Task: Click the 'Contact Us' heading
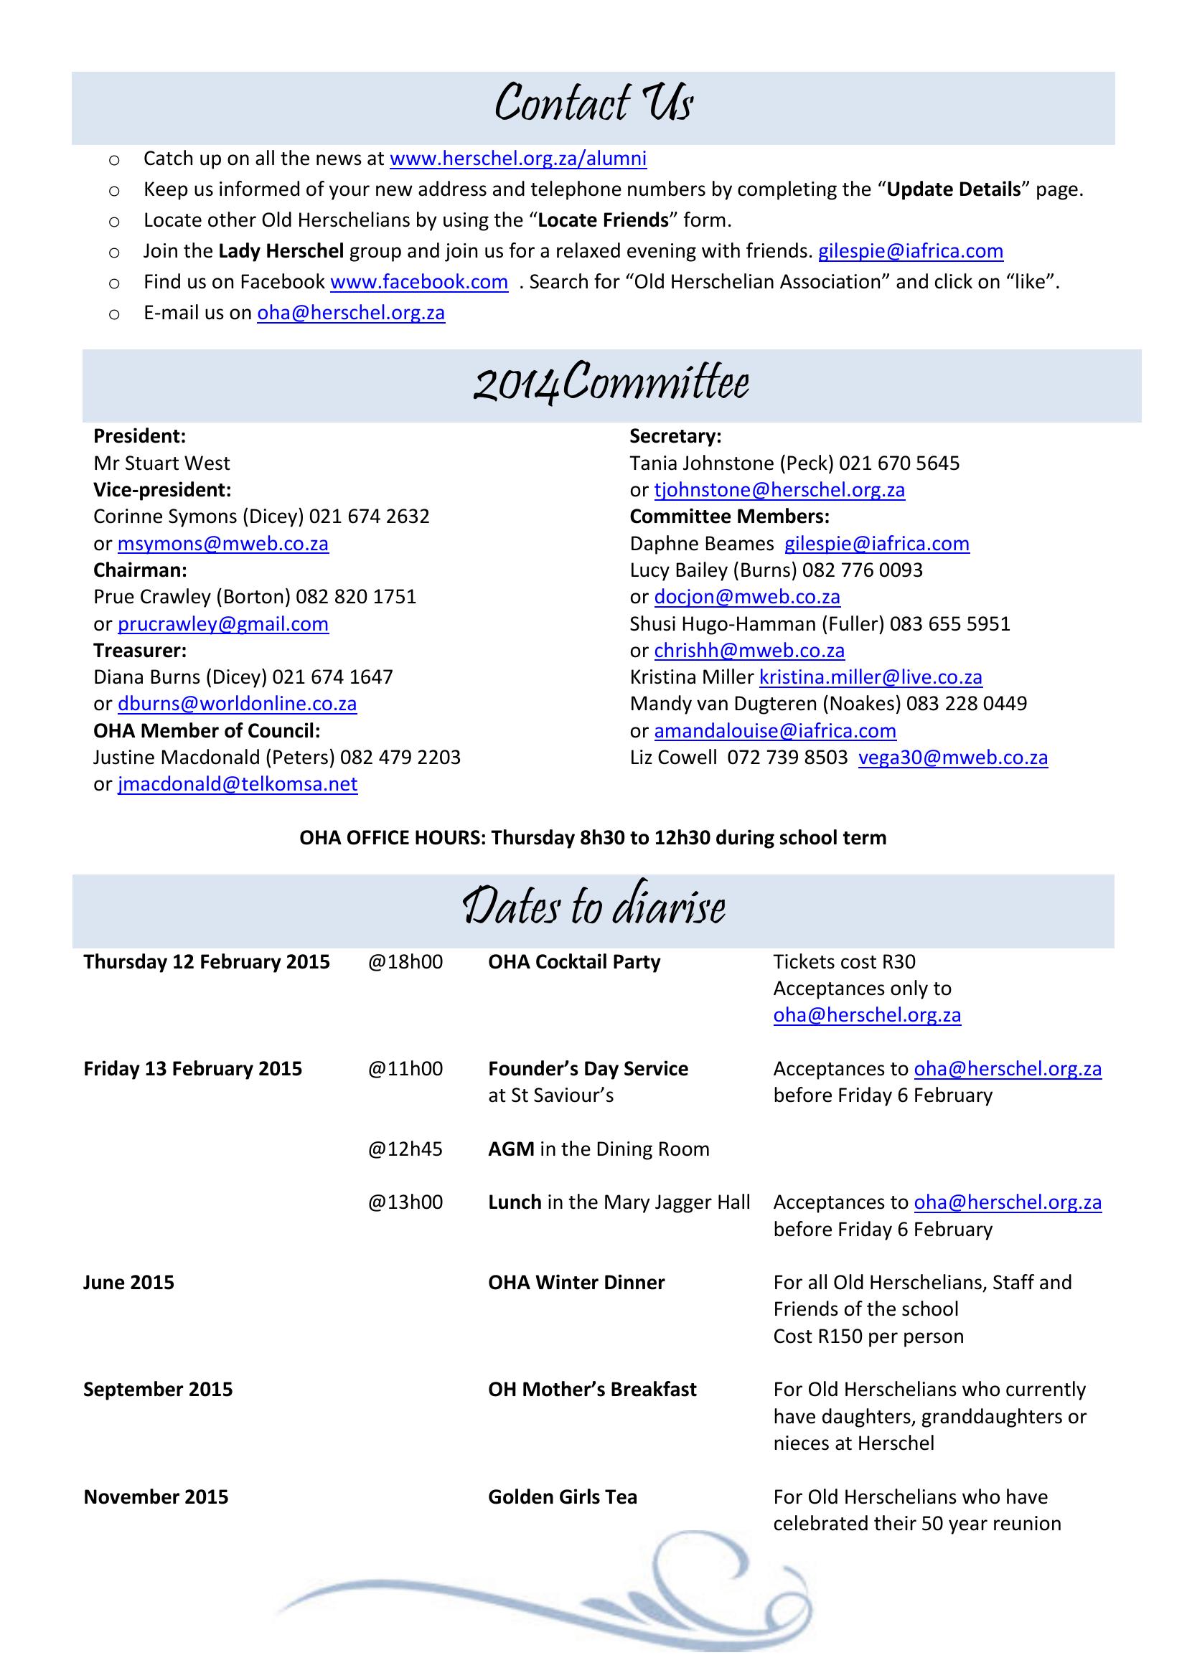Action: click(x=593, y=103)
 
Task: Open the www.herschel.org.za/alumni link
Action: click(x=518, y=159)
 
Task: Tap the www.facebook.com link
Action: click(x=419, y=282)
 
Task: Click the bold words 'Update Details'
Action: click(x=953, y=189)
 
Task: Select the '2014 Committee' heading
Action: click(x=611, y=383)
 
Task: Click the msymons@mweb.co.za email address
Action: click(x=223, y=544)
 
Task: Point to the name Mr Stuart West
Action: click(x=161, y=463)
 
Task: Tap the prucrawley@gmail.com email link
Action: click(x=223, y=624)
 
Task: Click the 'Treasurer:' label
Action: click(x=140, y=651)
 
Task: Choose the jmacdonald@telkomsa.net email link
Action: click(x=238, y=784)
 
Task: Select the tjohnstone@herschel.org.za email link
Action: click(x=779, y=490)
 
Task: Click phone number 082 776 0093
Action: click(x=863, y=570)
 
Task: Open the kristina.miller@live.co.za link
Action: click(x=871, y=677)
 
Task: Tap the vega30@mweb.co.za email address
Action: click(x=952, y=757)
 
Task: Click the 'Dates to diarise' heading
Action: click(x=593, y=908)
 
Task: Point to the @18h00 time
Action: click(x=405, y=962)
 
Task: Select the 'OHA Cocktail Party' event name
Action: click(x=574, y=962)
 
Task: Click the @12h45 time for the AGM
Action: click(x=405, y=1149)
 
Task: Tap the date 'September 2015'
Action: click(x=158, y=1390)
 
